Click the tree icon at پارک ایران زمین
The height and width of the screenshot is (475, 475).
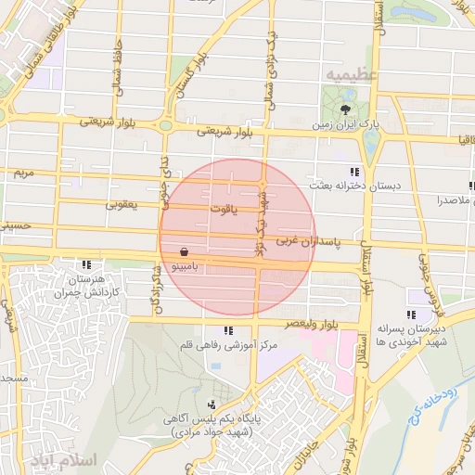(347, 109)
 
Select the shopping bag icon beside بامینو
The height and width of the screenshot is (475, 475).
(185, 251)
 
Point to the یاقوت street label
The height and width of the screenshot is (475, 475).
(224, 210)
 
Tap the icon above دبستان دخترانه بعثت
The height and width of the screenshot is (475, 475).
(353, 173)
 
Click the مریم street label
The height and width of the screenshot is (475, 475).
(22, 173)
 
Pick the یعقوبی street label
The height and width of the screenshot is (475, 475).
(122, 203)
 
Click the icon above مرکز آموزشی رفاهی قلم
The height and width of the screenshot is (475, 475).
(228, 332)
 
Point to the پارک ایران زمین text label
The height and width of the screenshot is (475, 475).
(345, 124)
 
